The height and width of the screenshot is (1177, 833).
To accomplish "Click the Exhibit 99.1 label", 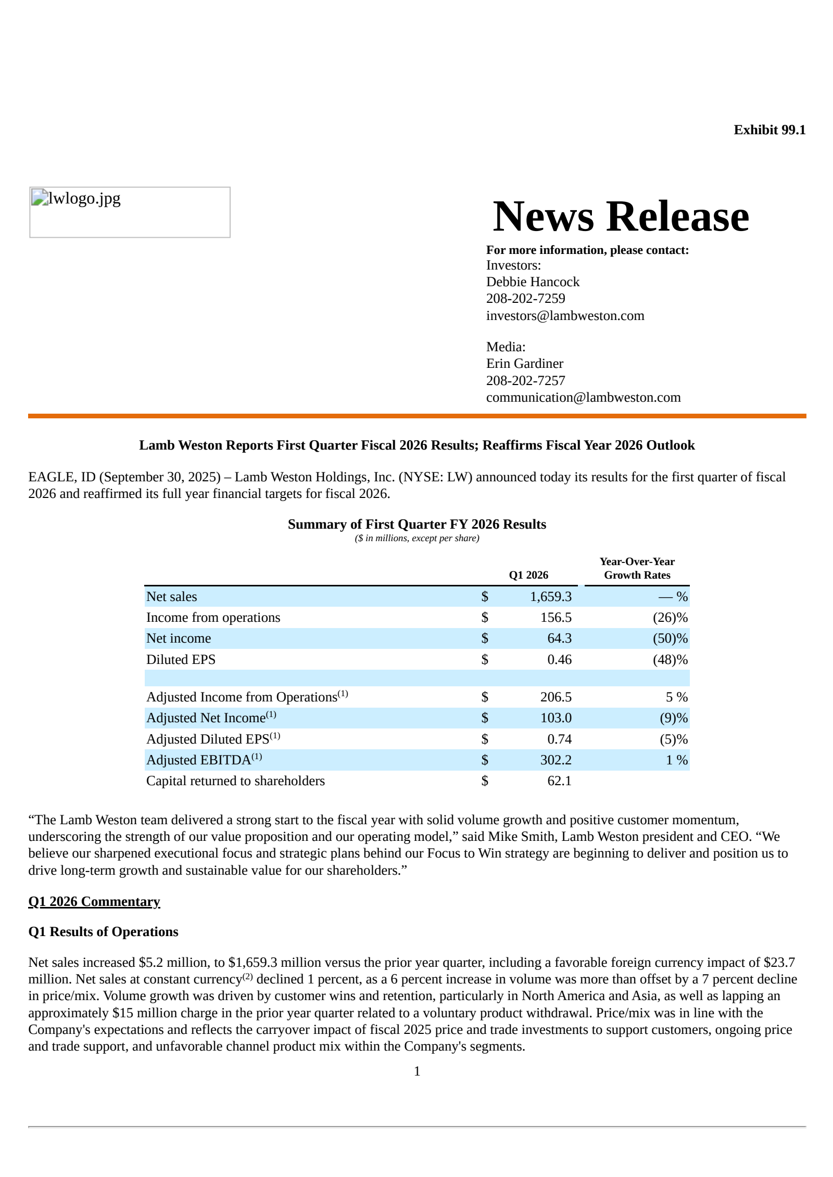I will (x=769, y=130).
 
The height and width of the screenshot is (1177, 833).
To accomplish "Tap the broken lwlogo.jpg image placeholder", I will (x=130, y=212).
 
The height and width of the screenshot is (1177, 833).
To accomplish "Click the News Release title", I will (x=621, y=216).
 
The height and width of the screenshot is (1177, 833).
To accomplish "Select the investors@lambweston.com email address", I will (x=565, y=316).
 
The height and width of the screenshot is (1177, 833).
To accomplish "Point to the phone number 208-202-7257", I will (x=525, y=381).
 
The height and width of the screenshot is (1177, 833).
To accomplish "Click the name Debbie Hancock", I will (x=533, y=282).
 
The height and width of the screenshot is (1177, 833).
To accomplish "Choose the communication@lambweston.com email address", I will (x=583, y=398).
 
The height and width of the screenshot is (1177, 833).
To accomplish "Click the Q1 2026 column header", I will (x=528, y=575).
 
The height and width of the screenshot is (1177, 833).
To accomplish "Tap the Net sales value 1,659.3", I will (x=550, y=597).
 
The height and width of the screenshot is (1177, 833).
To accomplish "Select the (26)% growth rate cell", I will (x=670, y=618).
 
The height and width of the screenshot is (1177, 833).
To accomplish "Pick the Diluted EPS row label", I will (x=181, y=660).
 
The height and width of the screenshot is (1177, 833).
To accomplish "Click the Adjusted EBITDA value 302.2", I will (x=556, y=760).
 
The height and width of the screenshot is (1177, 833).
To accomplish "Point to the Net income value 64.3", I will (x=559, y=638).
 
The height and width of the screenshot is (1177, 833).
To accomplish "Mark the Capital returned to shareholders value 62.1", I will (x=559, y=781).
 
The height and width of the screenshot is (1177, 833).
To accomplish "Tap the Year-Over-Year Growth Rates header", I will (x=637, y=568).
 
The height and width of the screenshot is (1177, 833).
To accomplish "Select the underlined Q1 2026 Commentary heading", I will (x=94, y=902).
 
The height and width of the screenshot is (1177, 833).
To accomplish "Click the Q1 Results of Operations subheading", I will (x=103, y=932).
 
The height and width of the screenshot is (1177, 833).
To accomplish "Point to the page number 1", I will (x=416, y=1071).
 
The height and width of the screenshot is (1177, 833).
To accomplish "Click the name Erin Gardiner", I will (x=524, y=364).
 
